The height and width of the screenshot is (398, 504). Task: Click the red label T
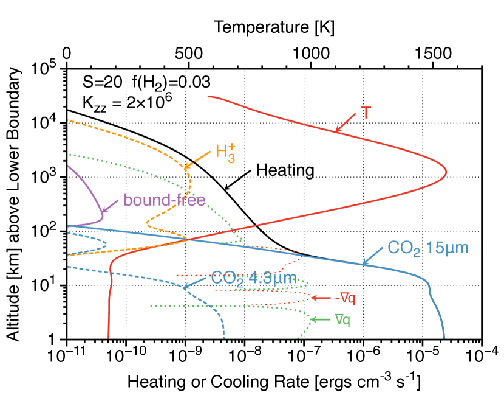[366, 113]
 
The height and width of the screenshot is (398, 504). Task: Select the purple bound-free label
[164, 200]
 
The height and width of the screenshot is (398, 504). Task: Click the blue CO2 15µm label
[428, 248]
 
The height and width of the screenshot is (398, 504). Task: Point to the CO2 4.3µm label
[253, 278]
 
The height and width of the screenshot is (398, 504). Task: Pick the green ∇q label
[342, 319]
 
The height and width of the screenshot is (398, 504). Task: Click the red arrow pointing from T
[346, 122]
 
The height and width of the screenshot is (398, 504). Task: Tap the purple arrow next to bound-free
[111, 206]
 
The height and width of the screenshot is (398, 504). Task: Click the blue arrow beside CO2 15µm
[373, 256]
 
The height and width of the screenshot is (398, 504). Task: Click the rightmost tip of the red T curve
[447, 172]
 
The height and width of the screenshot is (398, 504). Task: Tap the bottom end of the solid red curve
[109, 337]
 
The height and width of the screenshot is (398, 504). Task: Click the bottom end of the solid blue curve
[444, 337]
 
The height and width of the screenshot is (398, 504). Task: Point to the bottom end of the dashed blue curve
[225, 337]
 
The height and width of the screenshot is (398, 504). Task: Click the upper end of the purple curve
[68, 165]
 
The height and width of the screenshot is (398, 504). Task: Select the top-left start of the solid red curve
[208, 96]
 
